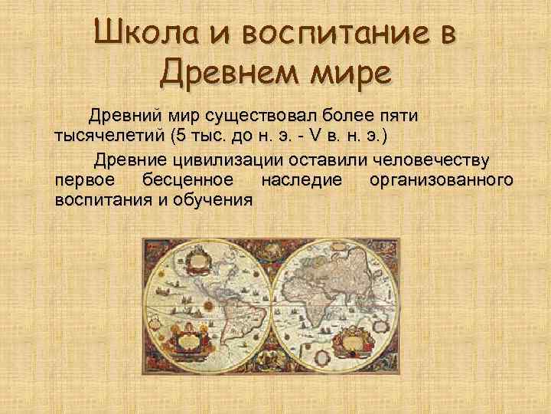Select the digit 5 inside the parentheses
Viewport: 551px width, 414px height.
click(179, 136)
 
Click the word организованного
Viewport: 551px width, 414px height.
click(441, 179)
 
